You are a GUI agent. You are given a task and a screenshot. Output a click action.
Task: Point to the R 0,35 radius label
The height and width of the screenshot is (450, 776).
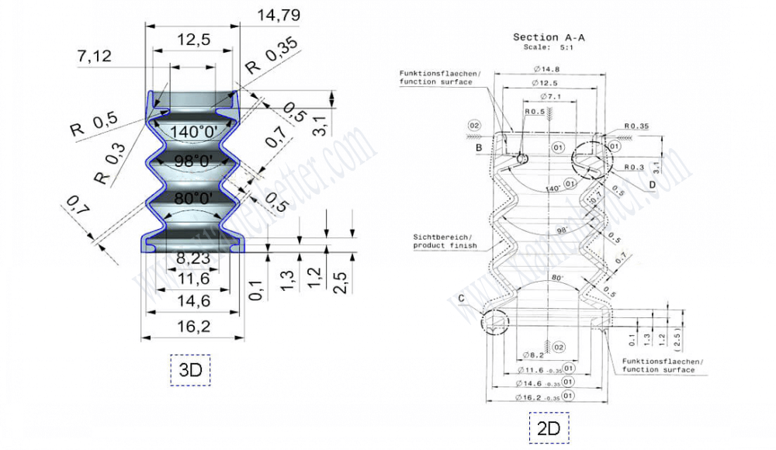pos(272,61)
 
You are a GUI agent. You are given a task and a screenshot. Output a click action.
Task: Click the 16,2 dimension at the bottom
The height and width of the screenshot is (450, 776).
pos(193,326)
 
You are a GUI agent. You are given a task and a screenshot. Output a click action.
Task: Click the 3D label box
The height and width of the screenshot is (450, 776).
pos(190,370)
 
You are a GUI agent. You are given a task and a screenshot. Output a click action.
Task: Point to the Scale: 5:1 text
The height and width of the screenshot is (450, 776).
pos(547,47)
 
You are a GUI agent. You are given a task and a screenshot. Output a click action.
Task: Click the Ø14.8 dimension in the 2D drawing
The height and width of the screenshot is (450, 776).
pos(549,69)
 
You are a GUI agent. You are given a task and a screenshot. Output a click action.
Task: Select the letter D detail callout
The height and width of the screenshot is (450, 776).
pos(652,183)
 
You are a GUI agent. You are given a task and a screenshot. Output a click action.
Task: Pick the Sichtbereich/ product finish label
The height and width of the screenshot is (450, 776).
pos(440,241)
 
